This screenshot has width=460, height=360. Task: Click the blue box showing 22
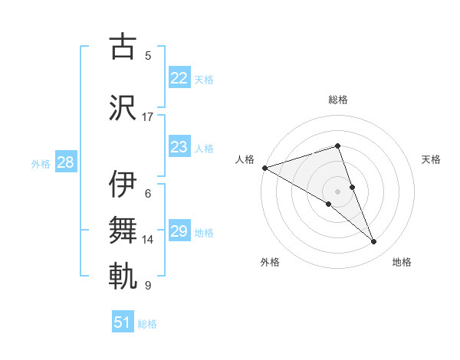pos(179,78)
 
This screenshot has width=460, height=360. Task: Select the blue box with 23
pos(179,147)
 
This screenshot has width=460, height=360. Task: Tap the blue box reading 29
pos(179,231)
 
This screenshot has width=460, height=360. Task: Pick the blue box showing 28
pos(64,162)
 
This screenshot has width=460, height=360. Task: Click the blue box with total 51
pos(122,322)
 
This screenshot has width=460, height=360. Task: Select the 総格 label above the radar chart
pos(337,100)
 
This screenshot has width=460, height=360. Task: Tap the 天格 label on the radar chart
pos(432,159)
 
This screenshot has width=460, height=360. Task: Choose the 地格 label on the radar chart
pos(402,262)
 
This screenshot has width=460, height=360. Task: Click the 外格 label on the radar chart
pos(270,262)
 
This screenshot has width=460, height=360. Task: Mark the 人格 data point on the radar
pos(264,167)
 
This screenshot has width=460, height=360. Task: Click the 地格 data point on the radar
pos(374,242)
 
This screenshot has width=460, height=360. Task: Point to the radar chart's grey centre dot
pos(337,191)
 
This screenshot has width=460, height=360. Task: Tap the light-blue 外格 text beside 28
pos(40,163)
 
